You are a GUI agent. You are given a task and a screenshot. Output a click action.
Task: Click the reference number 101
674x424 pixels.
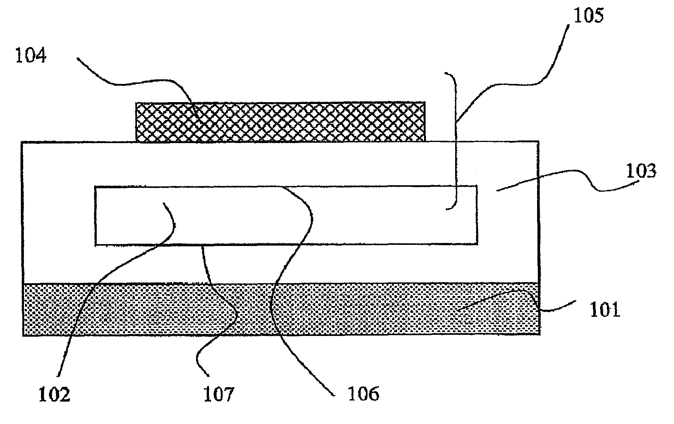[x=604, y=310]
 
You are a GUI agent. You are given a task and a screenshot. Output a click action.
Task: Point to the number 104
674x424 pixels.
[x=31, y=56]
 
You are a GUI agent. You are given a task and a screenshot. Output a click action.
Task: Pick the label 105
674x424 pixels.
[x=588, y=16]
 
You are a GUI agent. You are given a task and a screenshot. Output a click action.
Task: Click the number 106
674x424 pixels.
[x=363, y=394]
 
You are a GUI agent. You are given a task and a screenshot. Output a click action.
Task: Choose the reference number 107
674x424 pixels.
[x=219, y=394]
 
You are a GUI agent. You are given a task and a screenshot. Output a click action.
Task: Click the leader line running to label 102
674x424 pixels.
[x=114, y=258]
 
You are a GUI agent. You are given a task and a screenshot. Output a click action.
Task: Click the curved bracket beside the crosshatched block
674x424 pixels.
[x=456, y=140]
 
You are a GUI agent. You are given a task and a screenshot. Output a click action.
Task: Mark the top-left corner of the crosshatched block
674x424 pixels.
[x=137, y=103]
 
